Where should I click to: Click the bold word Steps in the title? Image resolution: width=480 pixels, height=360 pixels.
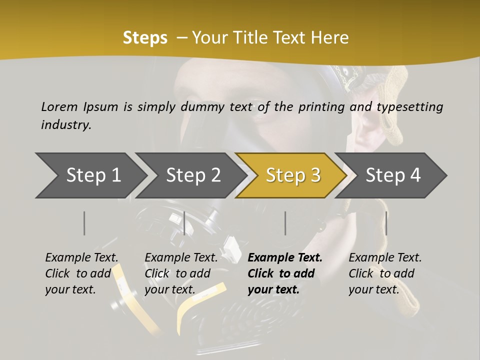(145, 38)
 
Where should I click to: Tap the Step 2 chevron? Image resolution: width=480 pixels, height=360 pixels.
(193, 175)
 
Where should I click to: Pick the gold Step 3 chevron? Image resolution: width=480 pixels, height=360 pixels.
(293, 175)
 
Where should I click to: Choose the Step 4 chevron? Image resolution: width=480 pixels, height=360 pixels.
(393, 175)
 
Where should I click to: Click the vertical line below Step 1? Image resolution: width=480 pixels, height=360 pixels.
(84, 223)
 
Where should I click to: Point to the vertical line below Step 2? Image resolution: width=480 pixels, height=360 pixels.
(184, 223)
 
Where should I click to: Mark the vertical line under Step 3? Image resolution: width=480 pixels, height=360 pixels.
(285, 223)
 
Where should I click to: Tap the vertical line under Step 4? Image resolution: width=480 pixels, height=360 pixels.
(386, 223)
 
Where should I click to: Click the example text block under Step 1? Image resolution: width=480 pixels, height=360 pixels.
(81, 273)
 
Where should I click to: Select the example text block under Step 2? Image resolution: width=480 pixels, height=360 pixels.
(180, 273)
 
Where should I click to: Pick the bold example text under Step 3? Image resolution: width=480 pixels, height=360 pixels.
(284, 273)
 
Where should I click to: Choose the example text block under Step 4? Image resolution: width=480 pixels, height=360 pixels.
(384, 273)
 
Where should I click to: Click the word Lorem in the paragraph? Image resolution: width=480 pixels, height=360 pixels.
(59, 106)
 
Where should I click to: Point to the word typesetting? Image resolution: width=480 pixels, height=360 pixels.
(412, 106)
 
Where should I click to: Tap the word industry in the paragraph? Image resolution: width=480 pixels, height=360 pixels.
(66, 124)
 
